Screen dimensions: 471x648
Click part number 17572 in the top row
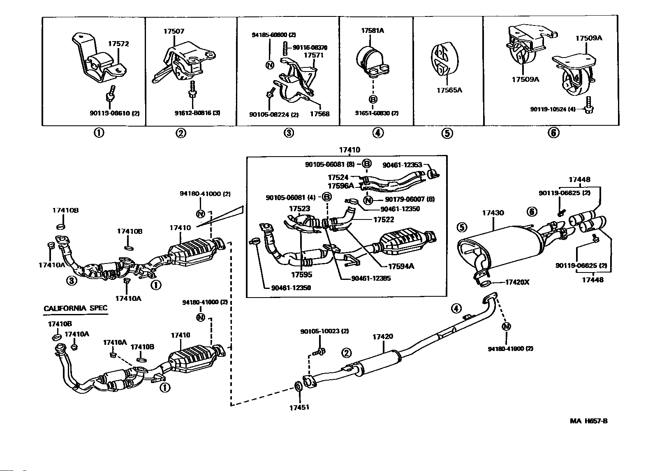(119, 44)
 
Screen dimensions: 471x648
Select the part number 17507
(174, 31)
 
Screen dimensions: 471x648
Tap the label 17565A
(449, 90)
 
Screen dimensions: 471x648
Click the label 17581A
(373, 31)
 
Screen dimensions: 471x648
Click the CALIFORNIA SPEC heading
(76, 308)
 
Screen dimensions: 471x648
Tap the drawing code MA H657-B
(588, 421)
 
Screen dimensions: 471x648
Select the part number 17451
(299, 407)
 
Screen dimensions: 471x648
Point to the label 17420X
(517, 282)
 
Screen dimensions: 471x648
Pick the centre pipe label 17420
(383, 336)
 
